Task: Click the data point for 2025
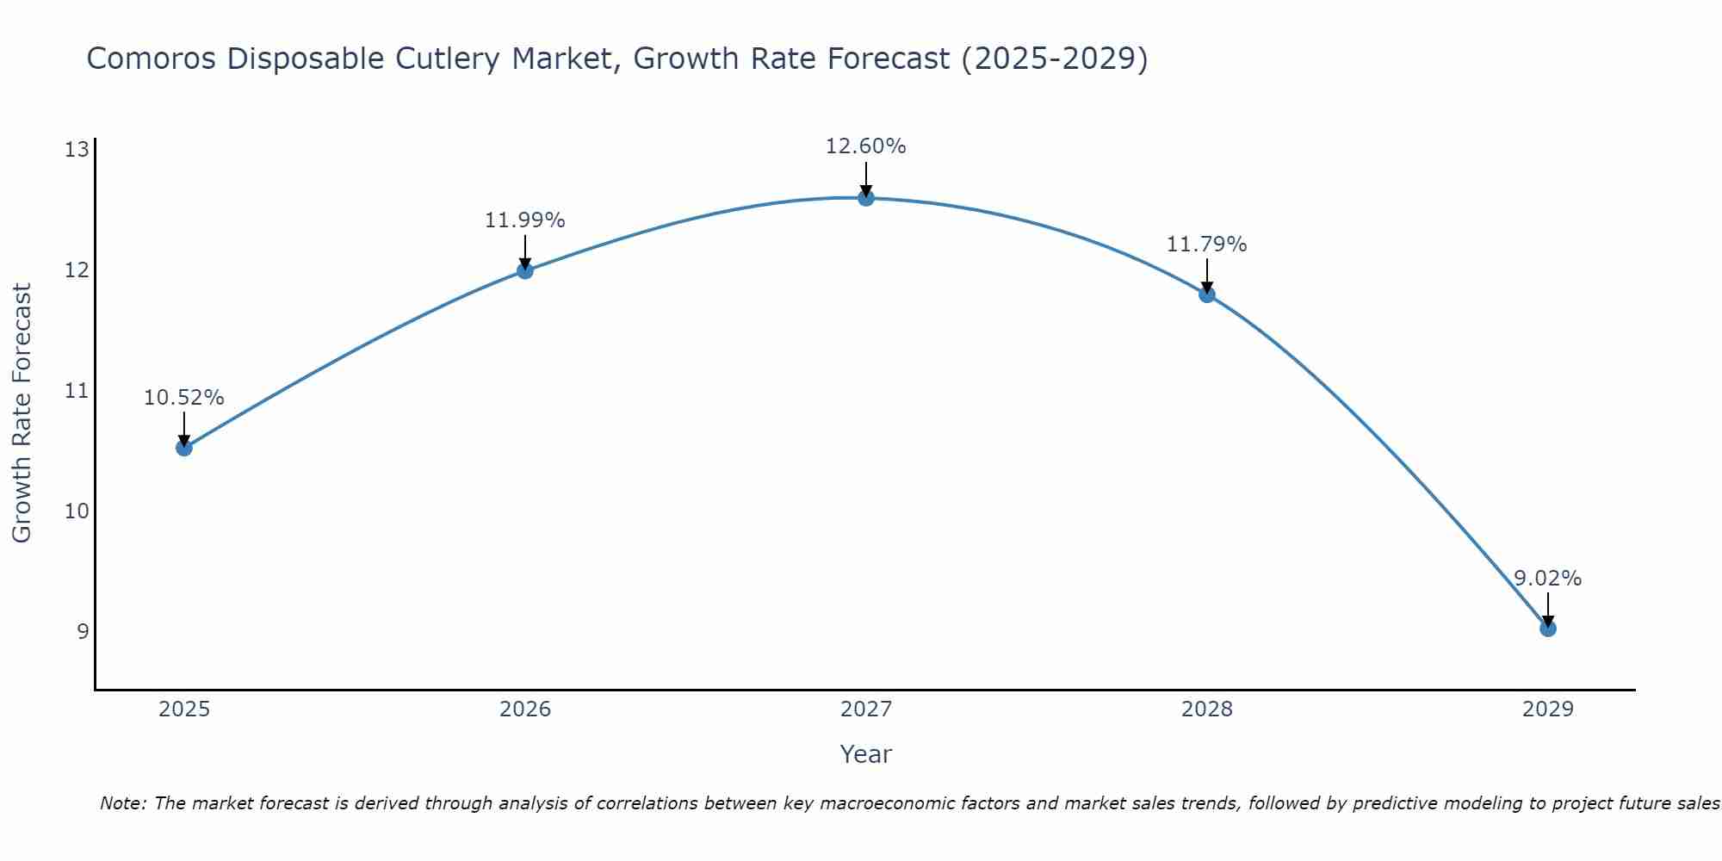(x=183, y=448)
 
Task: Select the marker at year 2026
(x=524, y=270)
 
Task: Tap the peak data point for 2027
(x=865, y=198)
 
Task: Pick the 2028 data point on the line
(x=1206, y=294)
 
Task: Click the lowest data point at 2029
(x=1547, y=629)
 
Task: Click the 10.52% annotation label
(x=183, y=398)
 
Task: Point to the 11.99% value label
(x=524, y=220)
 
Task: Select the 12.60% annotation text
(x=865, y=146)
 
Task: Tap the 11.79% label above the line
(x=1206, y=245)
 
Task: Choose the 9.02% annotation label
(x=1547, y=579)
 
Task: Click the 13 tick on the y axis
(x=77, y=151)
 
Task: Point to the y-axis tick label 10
(x=77, y=511)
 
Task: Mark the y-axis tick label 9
(x=83, y=632)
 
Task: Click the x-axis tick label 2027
(x=865, y=709)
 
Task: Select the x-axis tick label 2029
(x=1547, y=709)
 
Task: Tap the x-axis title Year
(x=865, y=754)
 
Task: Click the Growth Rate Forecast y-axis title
(x=22, y=413)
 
